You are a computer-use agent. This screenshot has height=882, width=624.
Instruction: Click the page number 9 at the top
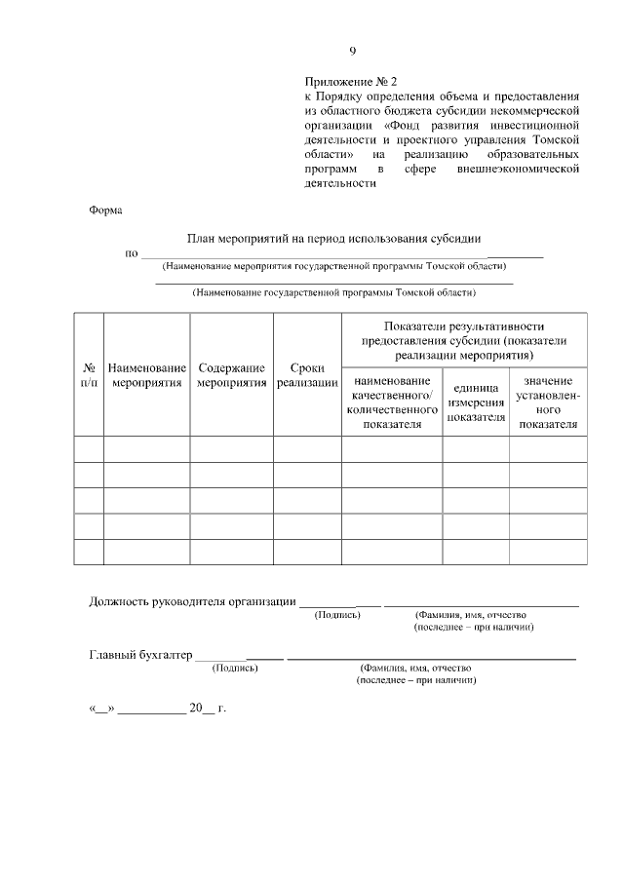pos(353,52)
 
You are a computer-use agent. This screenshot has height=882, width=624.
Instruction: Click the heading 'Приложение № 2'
pos(352,83)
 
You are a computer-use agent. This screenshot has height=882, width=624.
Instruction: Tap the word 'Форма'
pos(105,210)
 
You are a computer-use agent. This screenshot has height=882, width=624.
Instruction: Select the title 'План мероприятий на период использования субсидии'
pos(333,240)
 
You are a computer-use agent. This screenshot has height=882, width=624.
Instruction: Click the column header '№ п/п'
pos(89,375)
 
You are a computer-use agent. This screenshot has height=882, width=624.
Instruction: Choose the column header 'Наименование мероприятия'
pos(147,375)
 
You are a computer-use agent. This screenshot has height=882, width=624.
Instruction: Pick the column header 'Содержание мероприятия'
pos(231,375)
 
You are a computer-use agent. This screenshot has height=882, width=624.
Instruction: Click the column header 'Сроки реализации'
pos(307,375)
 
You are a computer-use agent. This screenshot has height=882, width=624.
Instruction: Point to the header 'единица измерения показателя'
pos(476,403)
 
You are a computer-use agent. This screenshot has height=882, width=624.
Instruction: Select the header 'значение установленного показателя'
pos(547,402)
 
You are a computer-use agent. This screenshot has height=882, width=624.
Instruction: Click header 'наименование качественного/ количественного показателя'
pos(391,403)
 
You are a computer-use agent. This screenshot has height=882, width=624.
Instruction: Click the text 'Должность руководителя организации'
pos(192,601)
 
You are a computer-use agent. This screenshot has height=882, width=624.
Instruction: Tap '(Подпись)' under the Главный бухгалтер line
pos(234,668)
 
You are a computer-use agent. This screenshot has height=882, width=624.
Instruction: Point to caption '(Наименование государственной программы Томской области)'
pos(333,291)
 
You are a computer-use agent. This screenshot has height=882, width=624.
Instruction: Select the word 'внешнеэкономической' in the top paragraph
pos(518,169)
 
